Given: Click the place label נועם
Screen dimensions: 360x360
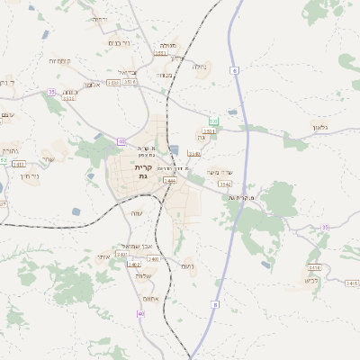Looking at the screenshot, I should click(188, 265).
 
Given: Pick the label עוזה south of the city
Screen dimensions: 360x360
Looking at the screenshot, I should click(138, 213).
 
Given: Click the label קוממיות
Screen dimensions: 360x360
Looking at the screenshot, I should click(61, 61).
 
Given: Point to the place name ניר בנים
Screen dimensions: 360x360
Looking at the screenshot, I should click(118, 43).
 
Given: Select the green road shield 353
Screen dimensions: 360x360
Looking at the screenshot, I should click(213, 121).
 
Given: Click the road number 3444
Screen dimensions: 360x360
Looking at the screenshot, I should click(169, 181).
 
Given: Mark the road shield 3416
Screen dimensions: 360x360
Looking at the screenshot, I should click(314, 267).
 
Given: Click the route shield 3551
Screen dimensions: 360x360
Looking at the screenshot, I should click(161, 53).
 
